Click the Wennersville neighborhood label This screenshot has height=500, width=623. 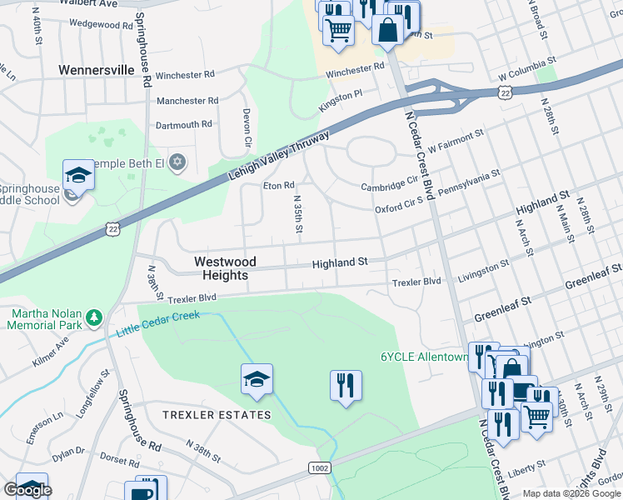(97, 70)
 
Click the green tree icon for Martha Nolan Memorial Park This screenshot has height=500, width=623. (94, 317)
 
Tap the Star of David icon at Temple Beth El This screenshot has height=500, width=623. (176, 162)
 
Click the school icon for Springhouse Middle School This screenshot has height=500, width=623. (78, 175)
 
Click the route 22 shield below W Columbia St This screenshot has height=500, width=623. (506, 95)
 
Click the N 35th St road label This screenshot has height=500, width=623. (297, 214)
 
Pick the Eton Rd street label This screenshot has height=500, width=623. (279, 186)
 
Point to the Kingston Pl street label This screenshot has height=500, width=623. (341, 104)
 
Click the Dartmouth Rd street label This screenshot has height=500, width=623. (184, 125)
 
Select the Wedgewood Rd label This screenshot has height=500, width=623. (96, 24)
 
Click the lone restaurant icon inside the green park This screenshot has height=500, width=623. (346, 387)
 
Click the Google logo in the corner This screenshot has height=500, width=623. (27, 490)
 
